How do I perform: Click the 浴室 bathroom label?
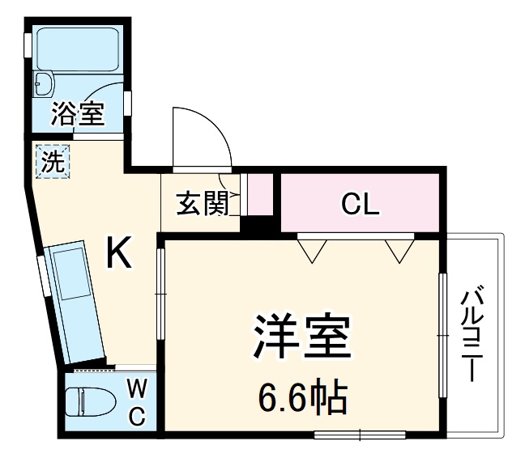(78, 113)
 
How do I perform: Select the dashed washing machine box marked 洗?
(53, 160)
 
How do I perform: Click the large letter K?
(119, 256)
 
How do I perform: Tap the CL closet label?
(360, 204)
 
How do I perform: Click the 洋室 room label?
(301, 336)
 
